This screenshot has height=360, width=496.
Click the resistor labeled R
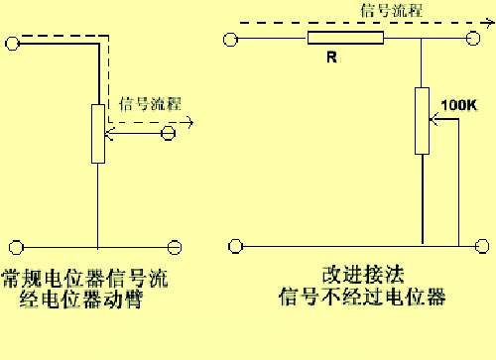345,38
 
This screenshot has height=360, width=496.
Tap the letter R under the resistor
331,58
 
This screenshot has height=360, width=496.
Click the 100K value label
459,105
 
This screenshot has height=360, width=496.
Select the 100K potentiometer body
423,121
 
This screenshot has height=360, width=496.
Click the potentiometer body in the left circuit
98,134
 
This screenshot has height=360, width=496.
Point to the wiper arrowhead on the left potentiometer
108,134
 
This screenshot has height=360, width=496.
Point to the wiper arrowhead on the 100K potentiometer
434,119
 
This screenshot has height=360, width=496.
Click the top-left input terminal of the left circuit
13,44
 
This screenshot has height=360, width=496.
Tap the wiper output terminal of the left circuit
168,134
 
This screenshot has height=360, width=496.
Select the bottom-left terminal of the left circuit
16,247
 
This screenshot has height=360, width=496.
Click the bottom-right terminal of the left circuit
175,247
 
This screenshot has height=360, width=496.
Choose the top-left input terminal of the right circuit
230,40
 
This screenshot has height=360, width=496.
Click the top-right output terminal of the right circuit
473,38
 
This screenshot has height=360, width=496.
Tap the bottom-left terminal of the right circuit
235,246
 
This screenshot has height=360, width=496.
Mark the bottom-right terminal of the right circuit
482,246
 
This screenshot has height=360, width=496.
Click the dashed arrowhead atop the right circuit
490,23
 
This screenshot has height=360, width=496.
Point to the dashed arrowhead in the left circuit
189,123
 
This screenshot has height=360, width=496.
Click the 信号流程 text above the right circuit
392,10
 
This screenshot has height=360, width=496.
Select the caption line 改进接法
363,275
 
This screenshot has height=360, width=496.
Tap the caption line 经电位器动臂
81,300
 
